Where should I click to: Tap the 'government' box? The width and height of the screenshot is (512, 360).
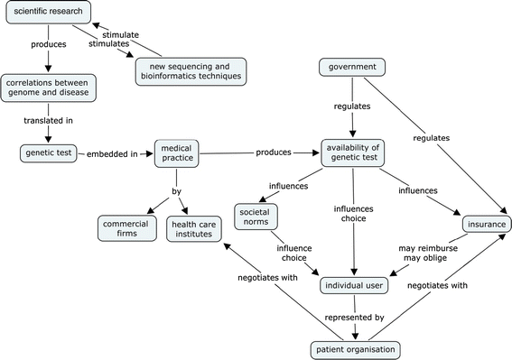click(x=353, y=67)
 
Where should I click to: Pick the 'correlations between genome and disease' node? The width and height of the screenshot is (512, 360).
click(x=48, y=88)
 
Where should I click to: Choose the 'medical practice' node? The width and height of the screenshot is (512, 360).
click(x=176, y=153)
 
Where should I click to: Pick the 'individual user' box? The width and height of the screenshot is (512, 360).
click(x=354, y=286)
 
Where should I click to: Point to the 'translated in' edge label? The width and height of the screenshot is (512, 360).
click(x=48, y=121)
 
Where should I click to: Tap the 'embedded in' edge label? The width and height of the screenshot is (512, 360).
click(x=112, y=153)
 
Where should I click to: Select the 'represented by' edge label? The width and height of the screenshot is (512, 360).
click(x=353, y=317)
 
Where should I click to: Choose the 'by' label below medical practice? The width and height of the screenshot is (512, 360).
click(x=176, y=191)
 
